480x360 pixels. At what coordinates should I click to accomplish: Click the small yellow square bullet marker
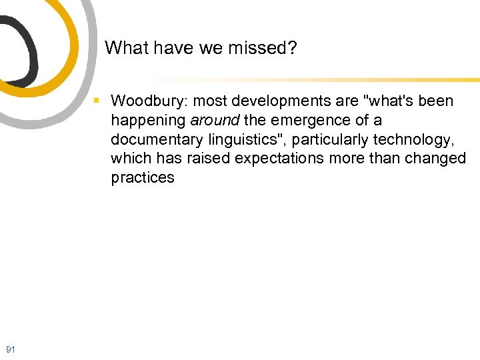97,101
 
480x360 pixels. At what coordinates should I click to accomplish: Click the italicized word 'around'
215,121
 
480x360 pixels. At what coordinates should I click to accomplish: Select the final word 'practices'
143,178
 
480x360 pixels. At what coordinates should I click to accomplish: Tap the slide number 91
10,349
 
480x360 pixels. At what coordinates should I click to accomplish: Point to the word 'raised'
206,159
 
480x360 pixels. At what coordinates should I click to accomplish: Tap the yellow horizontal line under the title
300,79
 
